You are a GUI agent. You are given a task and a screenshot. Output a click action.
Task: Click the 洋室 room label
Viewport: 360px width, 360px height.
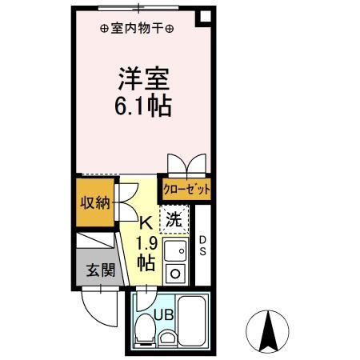144,79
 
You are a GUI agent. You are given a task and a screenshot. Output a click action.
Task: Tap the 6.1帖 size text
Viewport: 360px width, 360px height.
143,106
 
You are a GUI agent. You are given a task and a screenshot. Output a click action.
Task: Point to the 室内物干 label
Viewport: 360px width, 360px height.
137,28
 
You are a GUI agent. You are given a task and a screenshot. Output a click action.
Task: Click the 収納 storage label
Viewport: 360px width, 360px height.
95,203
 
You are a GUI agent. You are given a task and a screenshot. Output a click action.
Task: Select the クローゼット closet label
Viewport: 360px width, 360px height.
186,190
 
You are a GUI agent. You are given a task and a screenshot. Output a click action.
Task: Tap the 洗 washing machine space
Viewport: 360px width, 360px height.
174,219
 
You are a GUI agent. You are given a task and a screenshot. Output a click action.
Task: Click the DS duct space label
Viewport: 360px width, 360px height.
203,246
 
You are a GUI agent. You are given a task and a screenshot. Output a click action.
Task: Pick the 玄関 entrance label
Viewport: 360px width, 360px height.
101,270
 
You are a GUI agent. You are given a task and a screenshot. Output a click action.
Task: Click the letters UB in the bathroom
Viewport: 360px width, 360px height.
164,315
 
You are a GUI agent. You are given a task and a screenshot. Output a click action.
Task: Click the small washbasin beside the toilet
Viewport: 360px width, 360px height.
166,337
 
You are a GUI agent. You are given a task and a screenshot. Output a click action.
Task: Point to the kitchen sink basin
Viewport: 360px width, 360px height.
175,250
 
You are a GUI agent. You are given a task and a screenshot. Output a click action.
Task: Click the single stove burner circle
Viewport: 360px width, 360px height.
175,273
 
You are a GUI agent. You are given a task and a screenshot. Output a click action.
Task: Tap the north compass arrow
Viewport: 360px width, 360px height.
268,331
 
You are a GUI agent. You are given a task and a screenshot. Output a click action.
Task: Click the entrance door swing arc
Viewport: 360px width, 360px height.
94,314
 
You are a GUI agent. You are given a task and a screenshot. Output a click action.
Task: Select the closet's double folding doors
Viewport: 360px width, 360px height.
186,165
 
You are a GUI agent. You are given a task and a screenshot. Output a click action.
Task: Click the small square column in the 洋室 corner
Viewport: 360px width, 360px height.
204,18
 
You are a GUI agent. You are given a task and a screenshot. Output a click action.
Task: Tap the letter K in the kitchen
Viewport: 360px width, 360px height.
146,223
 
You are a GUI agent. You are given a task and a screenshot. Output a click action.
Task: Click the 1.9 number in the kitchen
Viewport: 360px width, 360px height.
147,243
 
